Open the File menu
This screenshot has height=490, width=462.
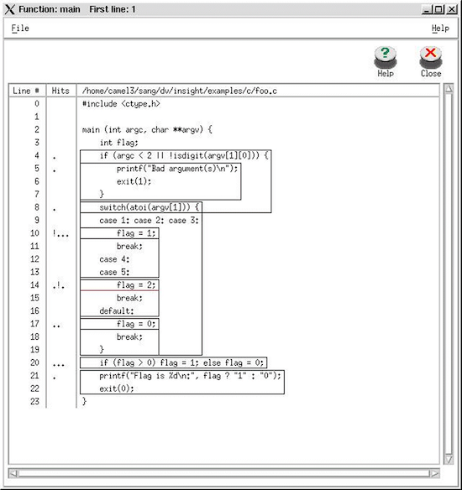coord(20,29)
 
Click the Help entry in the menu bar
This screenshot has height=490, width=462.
coord(440,29)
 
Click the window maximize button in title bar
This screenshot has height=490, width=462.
coord(439,9)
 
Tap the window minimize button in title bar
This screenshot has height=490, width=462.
coord(428,9)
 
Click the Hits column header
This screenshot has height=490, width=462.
coord(60,91)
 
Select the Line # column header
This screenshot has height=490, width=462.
coord(26,91)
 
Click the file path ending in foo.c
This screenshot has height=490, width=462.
coord(180,91)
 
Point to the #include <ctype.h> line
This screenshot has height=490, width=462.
coord(121,104)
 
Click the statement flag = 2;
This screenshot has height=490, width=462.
coord(136,285)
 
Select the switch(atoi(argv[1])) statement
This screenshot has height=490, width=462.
coord(149,207)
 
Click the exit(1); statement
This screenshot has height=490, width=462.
coord(134,181)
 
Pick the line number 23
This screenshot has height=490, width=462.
coord(34,401)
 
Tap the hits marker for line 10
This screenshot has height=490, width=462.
coord(60,233)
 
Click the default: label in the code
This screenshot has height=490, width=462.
coord(117,311)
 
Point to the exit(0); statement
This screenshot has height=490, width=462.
coord(117,388)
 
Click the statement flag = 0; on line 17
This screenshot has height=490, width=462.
coord(136,324)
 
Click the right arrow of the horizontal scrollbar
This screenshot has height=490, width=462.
coord(435,474)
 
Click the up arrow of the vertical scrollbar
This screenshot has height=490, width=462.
coord(449,89)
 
